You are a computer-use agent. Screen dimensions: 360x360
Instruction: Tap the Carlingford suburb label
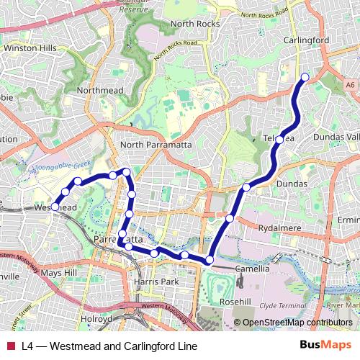tap(307, 41)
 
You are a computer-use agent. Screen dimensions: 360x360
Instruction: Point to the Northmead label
tap(100, 91)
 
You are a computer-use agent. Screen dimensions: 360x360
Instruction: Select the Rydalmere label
tap(279, 228)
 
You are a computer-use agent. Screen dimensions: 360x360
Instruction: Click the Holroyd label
tap(96, 318)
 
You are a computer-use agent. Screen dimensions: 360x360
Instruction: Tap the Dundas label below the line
tap(292, 184)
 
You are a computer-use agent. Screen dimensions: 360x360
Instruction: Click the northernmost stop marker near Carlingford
tap(305, 77)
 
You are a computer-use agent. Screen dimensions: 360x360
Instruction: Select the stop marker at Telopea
tap(279, 140)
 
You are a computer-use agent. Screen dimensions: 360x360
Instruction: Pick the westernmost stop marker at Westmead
tap(55, 207)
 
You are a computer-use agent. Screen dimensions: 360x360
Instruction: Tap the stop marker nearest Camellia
tap(210, 260)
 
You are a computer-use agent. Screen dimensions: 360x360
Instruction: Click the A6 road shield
tap(351, 84)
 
